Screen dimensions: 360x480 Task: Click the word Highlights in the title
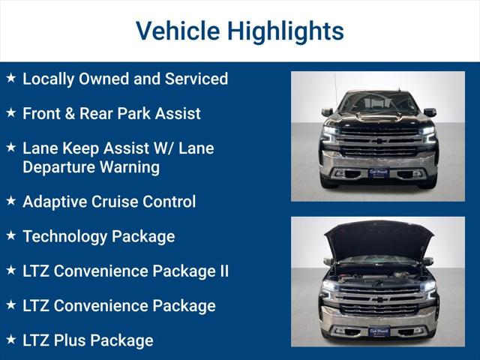pyautogui.click(x=286, y=31)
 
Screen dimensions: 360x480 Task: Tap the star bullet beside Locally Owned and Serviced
pyautogui.click(x=10, y=78)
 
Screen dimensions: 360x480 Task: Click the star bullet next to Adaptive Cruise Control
pyautogui.click(x=10, y=200)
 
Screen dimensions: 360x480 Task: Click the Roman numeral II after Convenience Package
pyautogui.click(x=222, y=271)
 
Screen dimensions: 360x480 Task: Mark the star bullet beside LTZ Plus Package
pyautogui.click(x=10, y=339)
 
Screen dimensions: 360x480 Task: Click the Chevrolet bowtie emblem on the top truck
pyautogui.click(x=378, y=141)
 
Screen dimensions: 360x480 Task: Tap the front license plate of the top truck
pyautogui.click(x=378, y=172)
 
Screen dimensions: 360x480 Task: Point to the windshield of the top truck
pyautogui.click(x=378, y=103)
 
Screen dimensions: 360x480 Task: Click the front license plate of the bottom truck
pyautogui.click(x=378, y=331)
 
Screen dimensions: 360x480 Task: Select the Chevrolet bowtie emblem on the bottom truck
pyautogui.click(x=378, y=298)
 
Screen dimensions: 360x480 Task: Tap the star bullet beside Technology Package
pyautogui.click(x=10, y=235)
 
